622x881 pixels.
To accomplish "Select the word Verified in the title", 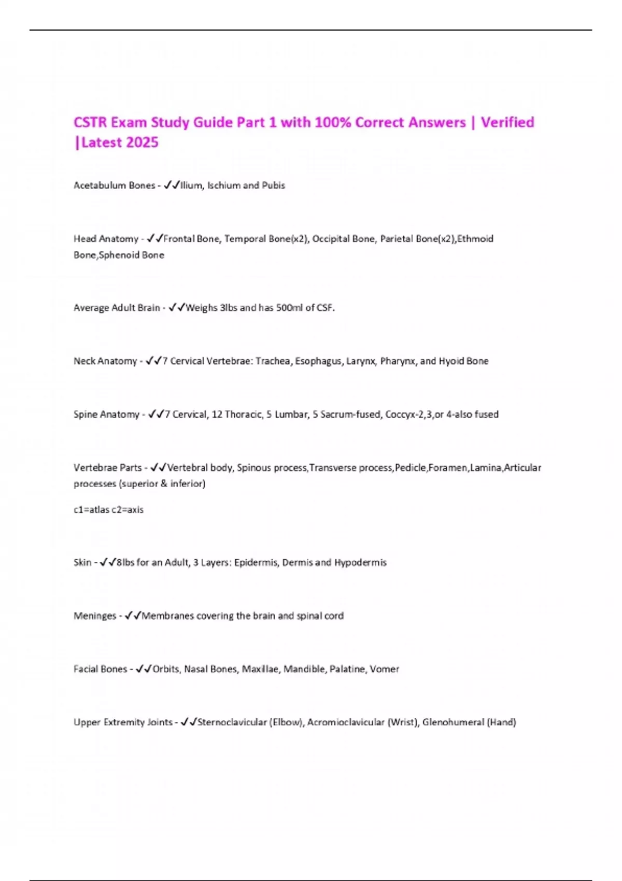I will [x=507, y=122].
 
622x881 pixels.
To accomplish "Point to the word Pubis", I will [x=274, y=186].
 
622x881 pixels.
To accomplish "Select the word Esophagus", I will [x=318, y=361].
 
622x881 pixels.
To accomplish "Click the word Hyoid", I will [x=450, y=361].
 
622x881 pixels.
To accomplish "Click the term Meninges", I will [x=95, y=616].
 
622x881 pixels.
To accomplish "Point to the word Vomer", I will [x=384, y=670].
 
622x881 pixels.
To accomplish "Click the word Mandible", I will [x=305, y=670].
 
